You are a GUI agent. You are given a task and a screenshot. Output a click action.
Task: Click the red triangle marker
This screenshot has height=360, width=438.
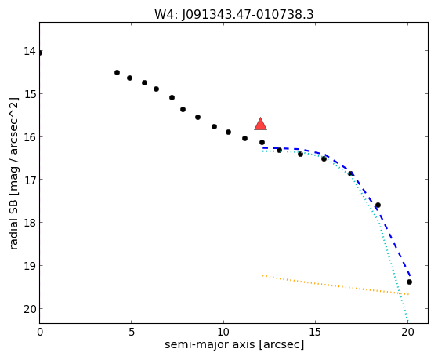point(260,124)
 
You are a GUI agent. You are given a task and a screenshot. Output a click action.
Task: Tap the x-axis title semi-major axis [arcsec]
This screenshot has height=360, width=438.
point(234,344)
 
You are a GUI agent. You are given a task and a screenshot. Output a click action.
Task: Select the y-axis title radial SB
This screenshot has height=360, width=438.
point(13,217)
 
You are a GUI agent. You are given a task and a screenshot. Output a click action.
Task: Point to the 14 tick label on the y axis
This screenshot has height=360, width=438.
point(30,51)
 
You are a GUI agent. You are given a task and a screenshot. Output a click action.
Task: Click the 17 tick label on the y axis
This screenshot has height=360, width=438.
point(30,179)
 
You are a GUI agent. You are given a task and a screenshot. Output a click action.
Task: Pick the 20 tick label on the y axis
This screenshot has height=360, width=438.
point(30,309)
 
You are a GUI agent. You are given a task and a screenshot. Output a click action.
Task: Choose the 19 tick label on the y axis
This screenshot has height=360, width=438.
point(30,265)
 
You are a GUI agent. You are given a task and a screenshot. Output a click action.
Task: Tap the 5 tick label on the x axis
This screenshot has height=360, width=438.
point(132,332)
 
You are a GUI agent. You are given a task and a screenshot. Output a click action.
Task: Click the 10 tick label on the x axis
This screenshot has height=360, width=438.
point(223,332)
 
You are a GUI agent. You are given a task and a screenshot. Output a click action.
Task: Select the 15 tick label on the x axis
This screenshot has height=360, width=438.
point(315,332)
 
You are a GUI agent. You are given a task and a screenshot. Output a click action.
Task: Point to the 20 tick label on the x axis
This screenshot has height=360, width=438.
point(407,332)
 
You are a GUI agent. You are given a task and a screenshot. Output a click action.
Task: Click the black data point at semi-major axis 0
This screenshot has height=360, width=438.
point(40,53)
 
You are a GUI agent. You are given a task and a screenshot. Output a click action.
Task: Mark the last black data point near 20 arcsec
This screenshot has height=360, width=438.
point(409,282)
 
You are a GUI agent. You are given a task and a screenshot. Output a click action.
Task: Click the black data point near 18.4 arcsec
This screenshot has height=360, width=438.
point(378,205)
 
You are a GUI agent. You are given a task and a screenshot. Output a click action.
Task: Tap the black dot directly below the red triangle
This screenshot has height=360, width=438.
point(262,143)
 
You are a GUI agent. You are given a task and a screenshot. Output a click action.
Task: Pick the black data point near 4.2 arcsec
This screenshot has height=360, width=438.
point(117,72)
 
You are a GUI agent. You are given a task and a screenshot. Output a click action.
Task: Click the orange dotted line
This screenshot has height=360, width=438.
point(336,285)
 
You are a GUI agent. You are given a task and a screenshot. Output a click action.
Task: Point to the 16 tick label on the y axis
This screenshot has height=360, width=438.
point(30,137)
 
